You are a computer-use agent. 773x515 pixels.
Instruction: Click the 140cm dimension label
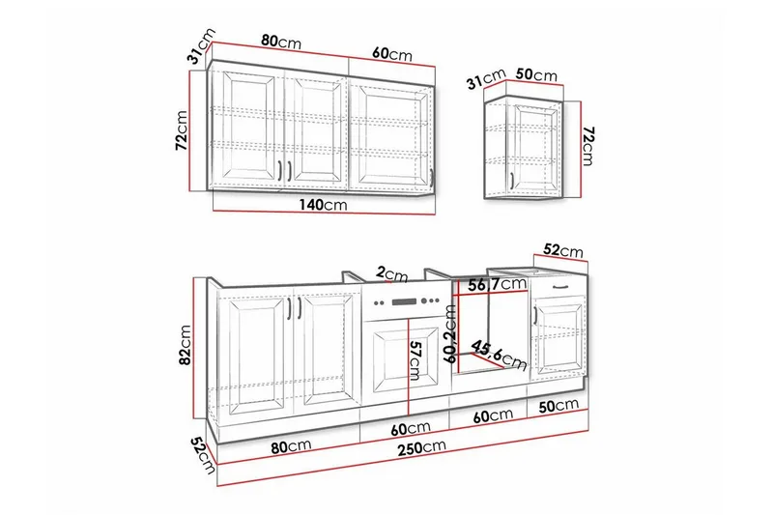pyautogui.click(x=323, y=205)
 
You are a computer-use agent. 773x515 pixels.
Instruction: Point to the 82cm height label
pyautogui.click(x=185, y=345)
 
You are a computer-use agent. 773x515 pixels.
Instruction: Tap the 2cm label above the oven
pyautogui.click(x=392, y=274)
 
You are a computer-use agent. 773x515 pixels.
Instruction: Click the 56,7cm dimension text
pyautogui.click(x=497, y=284)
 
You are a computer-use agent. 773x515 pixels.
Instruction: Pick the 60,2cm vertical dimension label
pyautogui.click(x=450, y=333)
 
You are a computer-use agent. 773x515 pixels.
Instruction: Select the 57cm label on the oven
pyautogui.click(x=415, y=360)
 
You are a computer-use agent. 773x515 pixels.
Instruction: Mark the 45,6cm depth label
pyautogui.click(x=499, y=355)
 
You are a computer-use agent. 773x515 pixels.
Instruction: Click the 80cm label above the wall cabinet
pyautogui.click(x=281, y=42)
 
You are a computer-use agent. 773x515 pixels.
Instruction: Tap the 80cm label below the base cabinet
pyautogui.click(x=291, y=446)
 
